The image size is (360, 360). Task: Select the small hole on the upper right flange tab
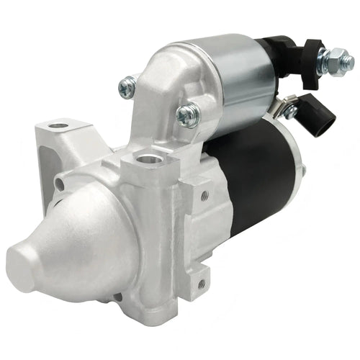(204, 195)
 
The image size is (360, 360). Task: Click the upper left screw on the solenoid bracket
(128, 87)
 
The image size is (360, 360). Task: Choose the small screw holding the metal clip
(289, 112)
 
